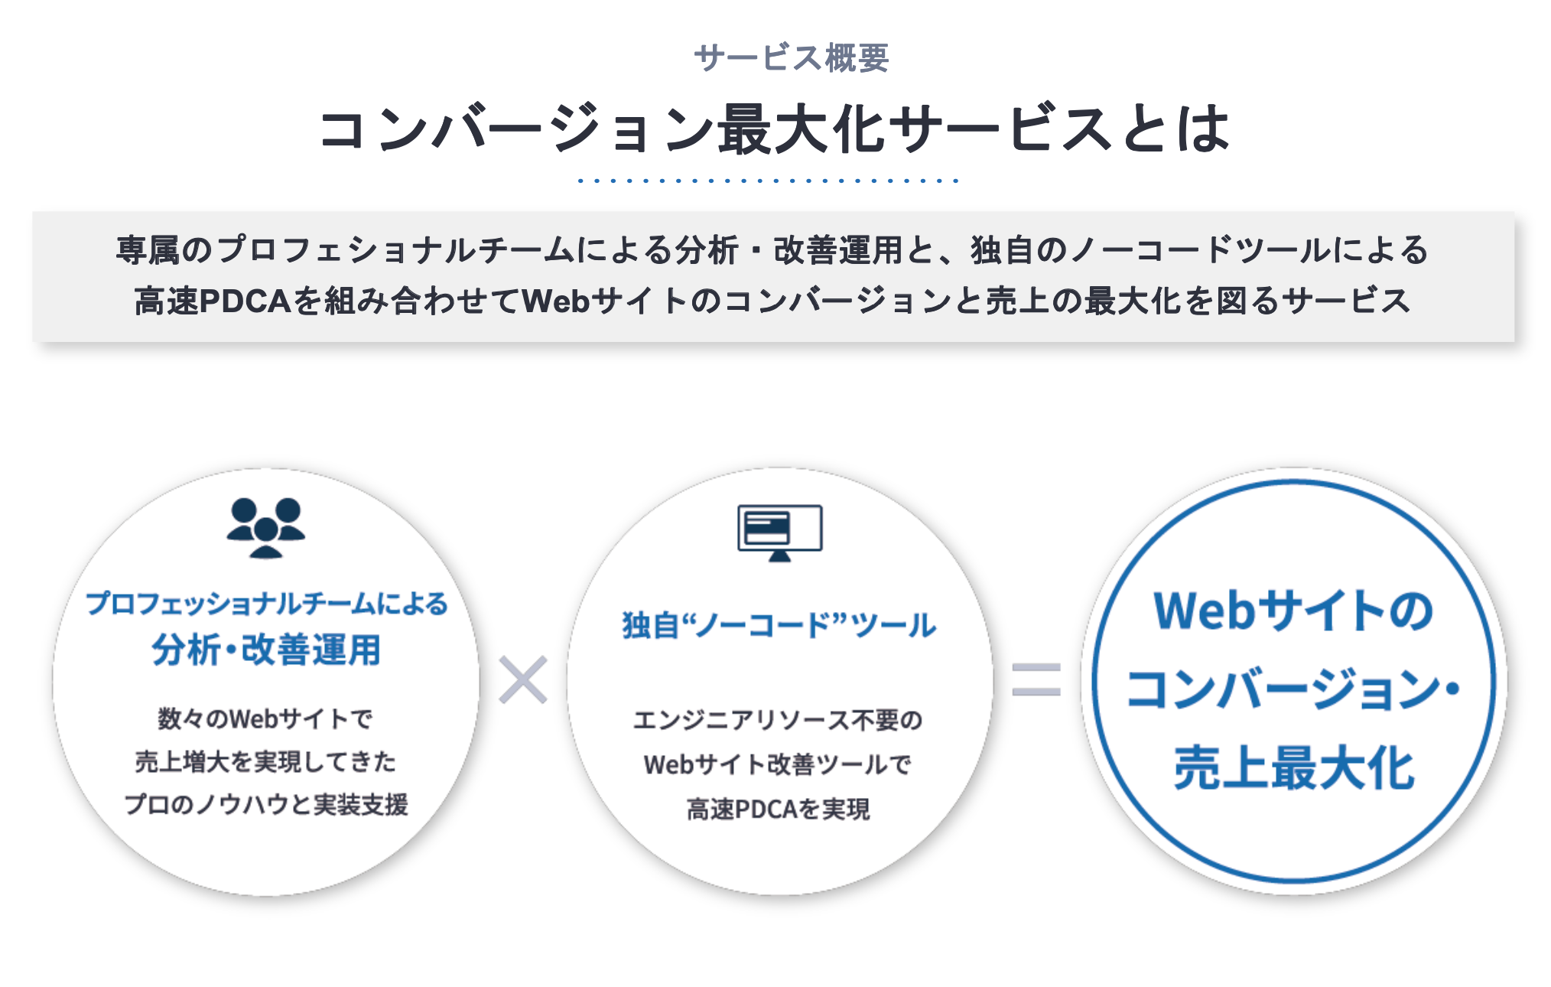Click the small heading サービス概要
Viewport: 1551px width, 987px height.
(791, 58)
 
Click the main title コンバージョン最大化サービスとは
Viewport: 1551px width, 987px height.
(775, 128)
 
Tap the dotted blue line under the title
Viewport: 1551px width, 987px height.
(768, 181)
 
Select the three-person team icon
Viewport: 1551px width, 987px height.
(265, 528)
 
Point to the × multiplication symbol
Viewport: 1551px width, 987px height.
(523, 679)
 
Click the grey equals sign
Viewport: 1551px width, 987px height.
(1036, 679)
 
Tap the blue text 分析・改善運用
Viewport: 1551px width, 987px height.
(266, 650)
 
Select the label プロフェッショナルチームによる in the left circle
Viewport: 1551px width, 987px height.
(266, 604)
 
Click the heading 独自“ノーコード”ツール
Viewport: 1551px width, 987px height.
(779, 625)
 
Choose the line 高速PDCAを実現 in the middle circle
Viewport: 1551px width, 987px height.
(779, 809)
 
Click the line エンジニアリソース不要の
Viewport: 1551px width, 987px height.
(779, 720)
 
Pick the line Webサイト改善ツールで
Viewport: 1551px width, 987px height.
(779, 764)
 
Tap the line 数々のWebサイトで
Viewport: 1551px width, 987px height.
(265, 718)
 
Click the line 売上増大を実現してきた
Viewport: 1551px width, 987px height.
(265, 761)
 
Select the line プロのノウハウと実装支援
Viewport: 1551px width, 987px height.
(265, 804)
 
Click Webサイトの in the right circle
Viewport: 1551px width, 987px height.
(1293, 611)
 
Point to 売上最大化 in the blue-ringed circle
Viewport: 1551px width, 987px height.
(1294, 767)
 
